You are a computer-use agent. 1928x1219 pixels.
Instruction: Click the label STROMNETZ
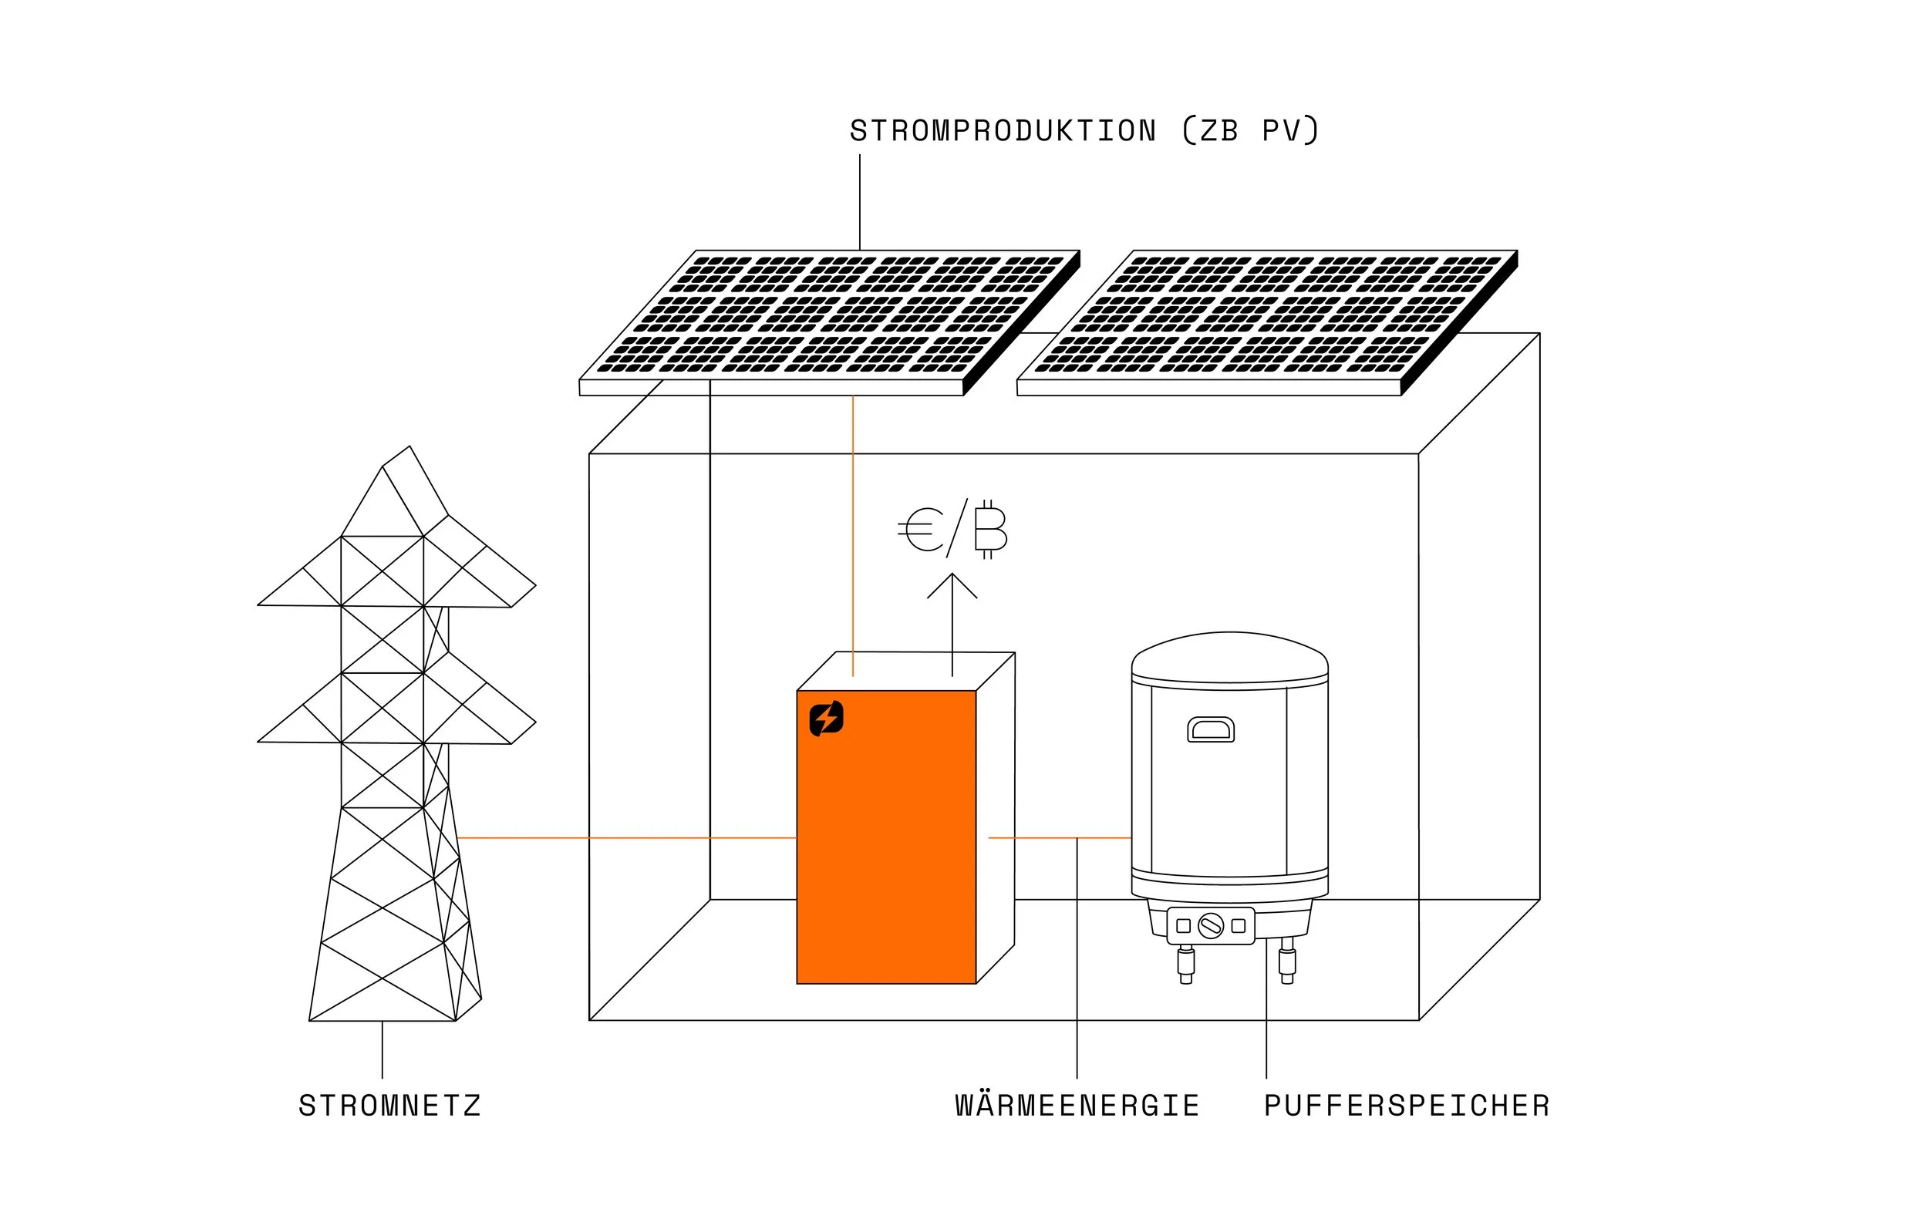click(x=390, y=1106)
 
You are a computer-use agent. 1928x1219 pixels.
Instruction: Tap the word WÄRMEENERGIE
click(x=1077, y=1106)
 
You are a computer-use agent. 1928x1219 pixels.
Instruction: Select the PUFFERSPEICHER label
click(x=1407, y=1106)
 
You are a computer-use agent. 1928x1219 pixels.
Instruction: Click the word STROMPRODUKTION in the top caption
click(x=1003, y=131)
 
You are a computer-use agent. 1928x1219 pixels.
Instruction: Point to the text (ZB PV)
click(x=1251, y=131)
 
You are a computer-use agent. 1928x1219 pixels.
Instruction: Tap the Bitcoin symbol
click(x=990, y=530)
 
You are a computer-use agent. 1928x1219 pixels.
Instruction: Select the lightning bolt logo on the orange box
click(x=826, y=718)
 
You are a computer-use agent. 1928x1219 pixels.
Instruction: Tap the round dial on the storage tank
click(x=1211, y=926)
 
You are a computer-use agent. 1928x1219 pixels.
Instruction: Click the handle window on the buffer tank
click(x=1211, y=730)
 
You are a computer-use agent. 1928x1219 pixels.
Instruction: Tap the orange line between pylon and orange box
click(x=625, y=838)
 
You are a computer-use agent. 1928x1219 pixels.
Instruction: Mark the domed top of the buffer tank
click(x=1230, y=652)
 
